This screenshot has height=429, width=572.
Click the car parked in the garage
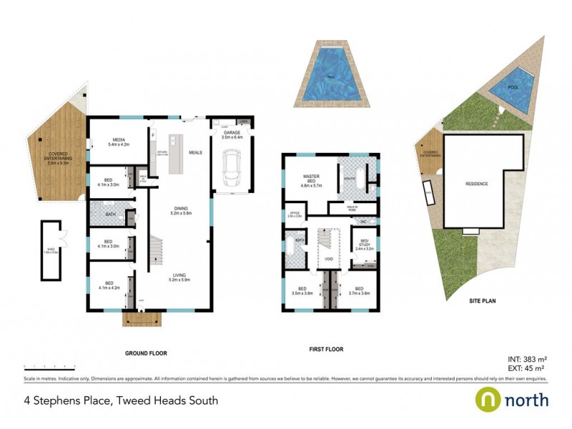click(232, 169)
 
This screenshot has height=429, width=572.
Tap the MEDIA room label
click(116, 142)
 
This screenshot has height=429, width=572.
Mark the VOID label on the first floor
click(330, 259)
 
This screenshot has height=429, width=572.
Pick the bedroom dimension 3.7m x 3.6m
click(359, 293)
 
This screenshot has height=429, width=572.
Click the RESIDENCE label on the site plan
click(476, 184)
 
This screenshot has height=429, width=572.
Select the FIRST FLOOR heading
click(326, 350)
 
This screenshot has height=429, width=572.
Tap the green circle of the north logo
click(489, 399)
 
